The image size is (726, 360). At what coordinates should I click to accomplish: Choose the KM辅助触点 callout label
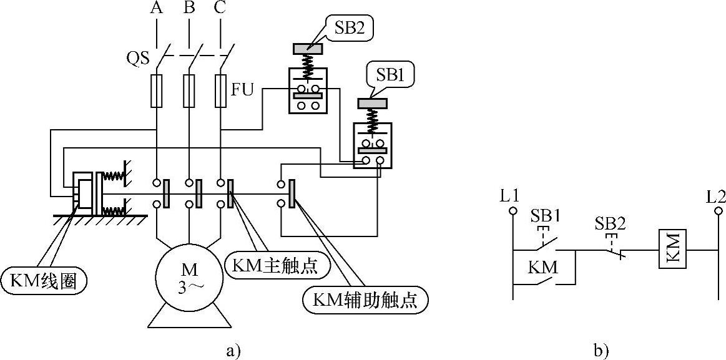pos(366,300)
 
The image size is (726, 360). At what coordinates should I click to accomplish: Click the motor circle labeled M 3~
pos(189,276)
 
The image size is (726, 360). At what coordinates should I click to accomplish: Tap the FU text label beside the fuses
pos(242,90)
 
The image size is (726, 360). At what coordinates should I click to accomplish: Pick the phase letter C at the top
pos(220,9)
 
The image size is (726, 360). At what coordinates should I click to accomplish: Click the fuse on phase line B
pos(188,90)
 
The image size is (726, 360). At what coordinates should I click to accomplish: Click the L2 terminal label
pos(716,195)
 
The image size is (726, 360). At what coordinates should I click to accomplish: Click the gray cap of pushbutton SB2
pos(307,48)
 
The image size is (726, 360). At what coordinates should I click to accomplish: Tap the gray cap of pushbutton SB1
pos(372,103)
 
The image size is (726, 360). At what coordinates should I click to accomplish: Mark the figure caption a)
pos(232,351)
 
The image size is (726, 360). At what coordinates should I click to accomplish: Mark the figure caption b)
pos(601,351)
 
